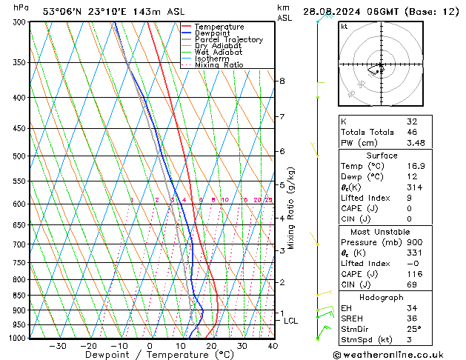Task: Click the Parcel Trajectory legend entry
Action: pos(228,39)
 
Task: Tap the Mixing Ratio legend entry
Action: pos(219,65)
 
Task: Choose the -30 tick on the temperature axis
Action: pos(57,346)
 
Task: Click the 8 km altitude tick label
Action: pos(282,81)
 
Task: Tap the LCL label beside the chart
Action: pos(290,321)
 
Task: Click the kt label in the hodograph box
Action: pos(344,27)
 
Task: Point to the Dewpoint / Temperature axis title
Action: pos(149,356)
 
